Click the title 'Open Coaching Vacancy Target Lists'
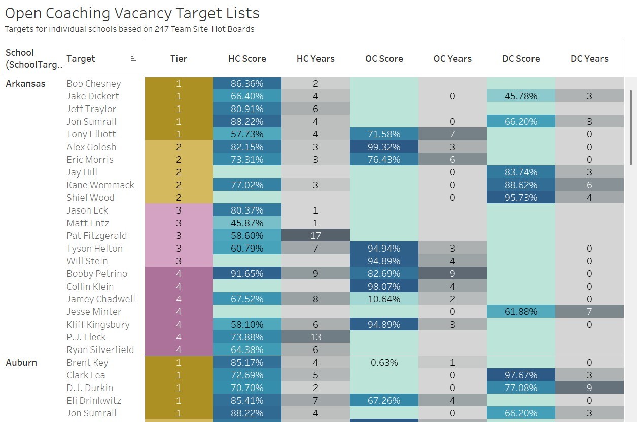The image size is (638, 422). click(x=132, y=13)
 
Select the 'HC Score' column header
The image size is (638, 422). click(x=247, y=59)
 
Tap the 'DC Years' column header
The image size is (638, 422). click(x=589, y=59)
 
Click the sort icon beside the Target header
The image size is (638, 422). click(x=134, y=59)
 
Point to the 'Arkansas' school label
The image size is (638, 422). click(x=25, y=84)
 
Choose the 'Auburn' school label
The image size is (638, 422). click(x=21, y=363)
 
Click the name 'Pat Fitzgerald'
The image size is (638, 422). click(x=97, y=236)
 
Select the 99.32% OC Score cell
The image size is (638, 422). click(x=384, y=147)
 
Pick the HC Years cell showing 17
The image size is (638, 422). click(x=315, y=236)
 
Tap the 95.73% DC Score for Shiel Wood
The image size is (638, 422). click(x=521, y=198)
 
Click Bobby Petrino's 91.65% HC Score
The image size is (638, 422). click(x=247, y=274)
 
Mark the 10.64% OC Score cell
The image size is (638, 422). click(x=384, y=299)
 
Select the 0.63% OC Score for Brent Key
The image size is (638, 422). click(x=384, y=363)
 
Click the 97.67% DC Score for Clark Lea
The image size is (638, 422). click(x=521, y=375)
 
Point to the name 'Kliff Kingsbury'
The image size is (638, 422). click(x=98, y=325)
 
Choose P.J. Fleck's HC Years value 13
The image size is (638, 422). click(x=315, y=337)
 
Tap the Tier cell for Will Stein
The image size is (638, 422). click(x=179, y=261)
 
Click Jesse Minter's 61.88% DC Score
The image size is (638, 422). click(x=521, y=312)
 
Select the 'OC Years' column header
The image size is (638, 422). click(x=452, y=59)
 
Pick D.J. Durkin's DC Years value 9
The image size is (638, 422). click(x=589, y=388)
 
